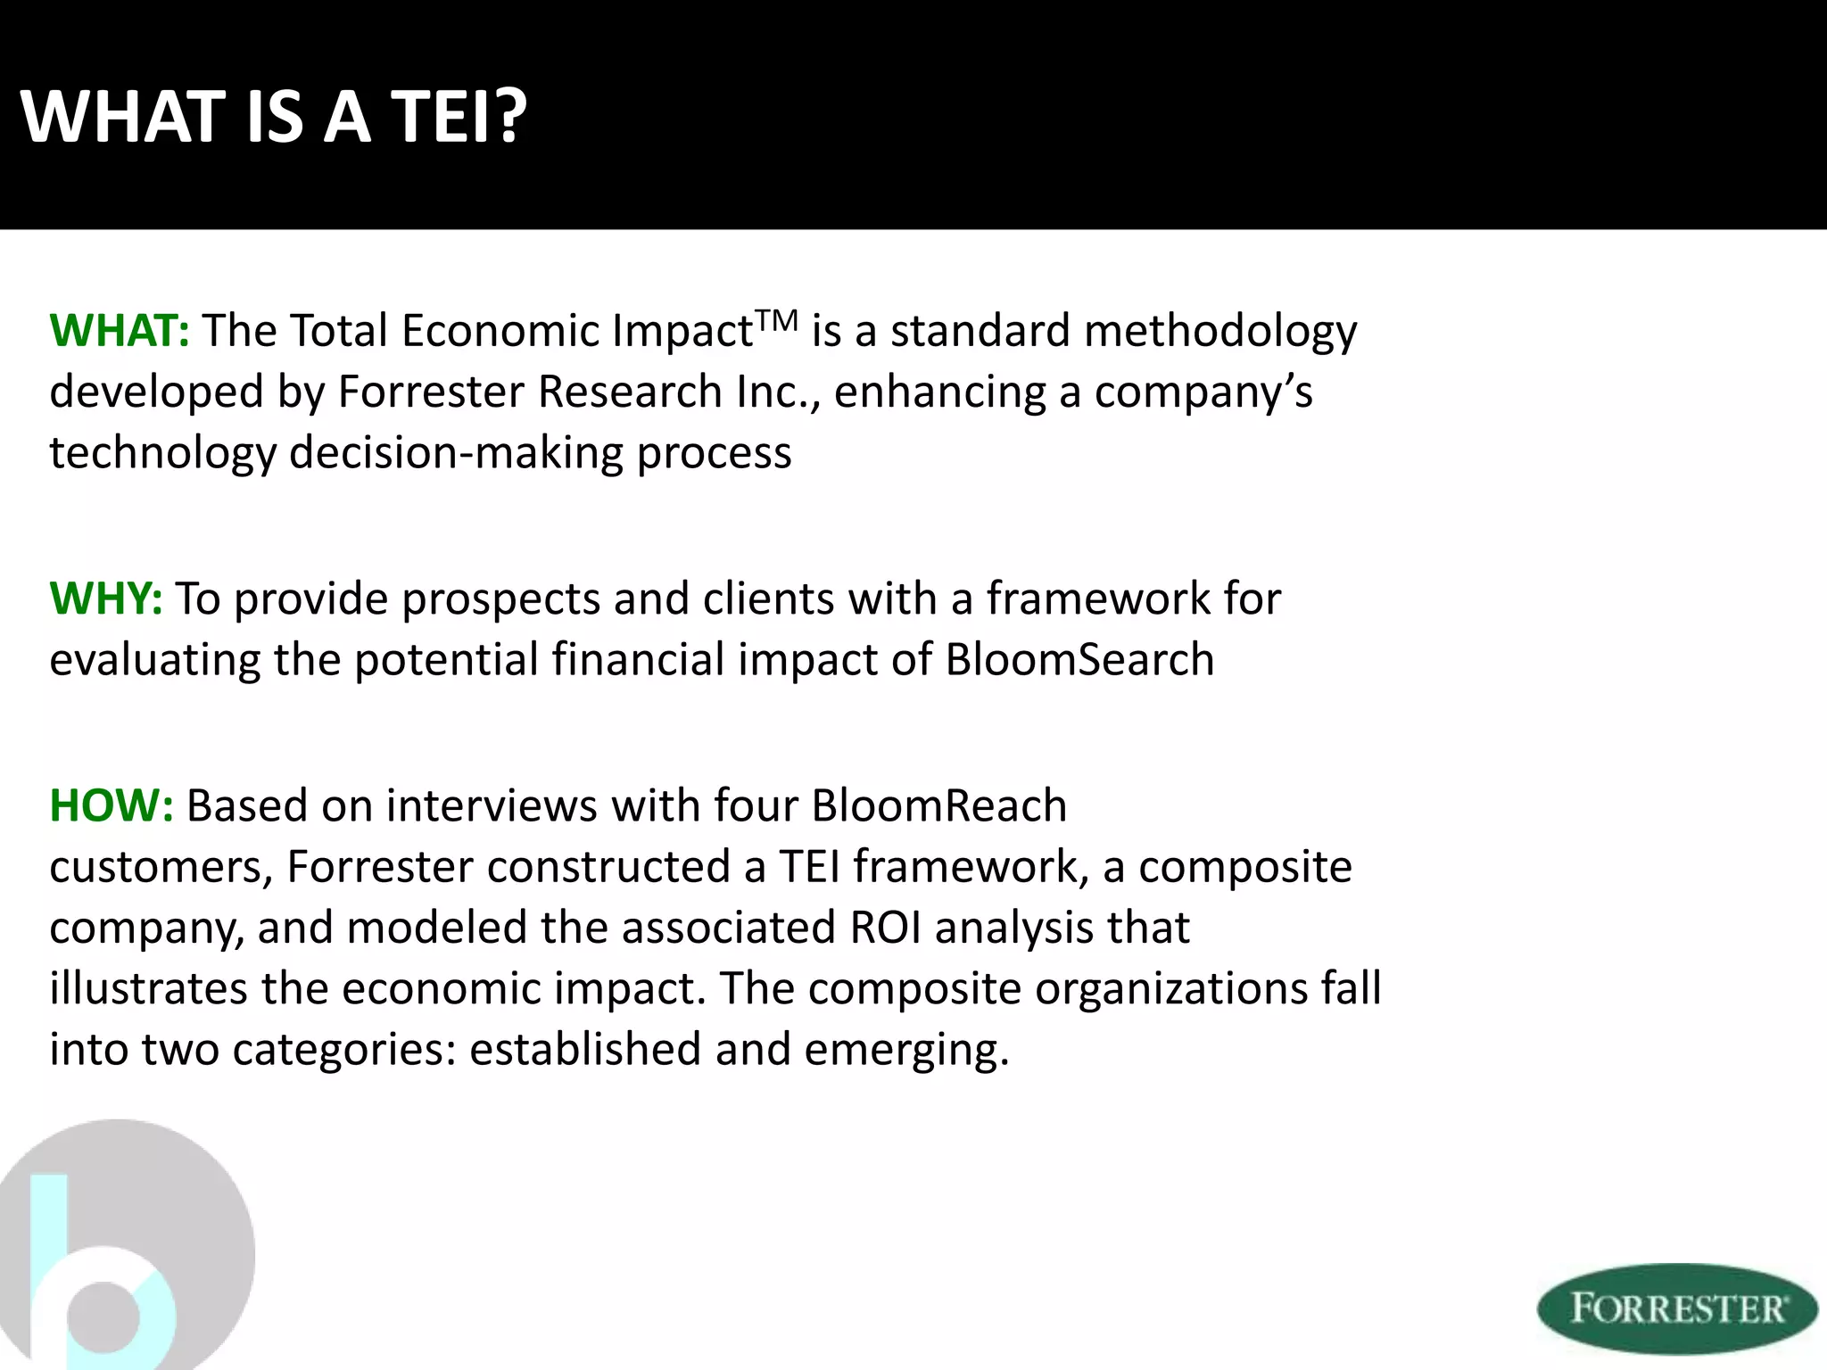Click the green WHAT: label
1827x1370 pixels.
click(x=120, y=331)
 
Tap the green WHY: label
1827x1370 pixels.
click(x=106, y=598)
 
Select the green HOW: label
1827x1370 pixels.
click(x=112, y=805)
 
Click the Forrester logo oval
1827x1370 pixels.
click(x=1677, y=1308)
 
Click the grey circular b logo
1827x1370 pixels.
click(x=125, y=1249)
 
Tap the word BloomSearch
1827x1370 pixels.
click(x=1079, y=660)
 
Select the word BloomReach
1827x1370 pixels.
click(x=938, y=805)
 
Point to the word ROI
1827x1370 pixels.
click(x=885, y=928)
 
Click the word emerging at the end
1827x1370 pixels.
click(x=905, y=1050)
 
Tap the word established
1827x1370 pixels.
click(x=585, y=1050)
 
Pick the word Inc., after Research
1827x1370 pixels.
click(x=778, y=392)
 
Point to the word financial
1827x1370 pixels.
click(x=638, y=660)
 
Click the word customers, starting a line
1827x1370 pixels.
click(x=161, y=868)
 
